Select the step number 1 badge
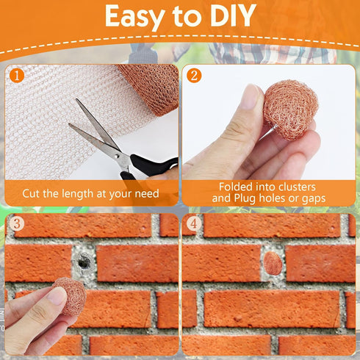pos(17,76)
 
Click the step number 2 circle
pos(194,76)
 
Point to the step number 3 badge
pos(17,223)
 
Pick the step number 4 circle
pos(194,223)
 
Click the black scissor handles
pos(147,168)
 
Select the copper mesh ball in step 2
pos(290,109)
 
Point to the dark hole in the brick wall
pos(83,261)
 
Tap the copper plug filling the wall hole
pos(273,264)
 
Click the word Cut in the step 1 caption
pos(31,193)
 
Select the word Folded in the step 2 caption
pos(236,187)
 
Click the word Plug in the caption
pos(245,198)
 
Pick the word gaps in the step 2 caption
pos(314,199)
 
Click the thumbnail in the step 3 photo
pos(57,296)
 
